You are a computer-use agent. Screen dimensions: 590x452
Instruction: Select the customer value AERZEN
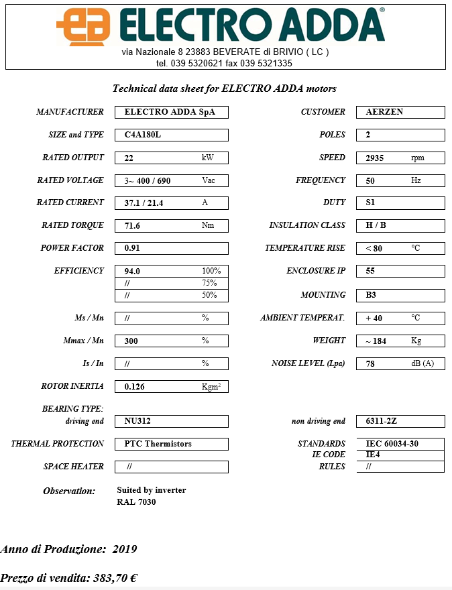click(x=384, y=112)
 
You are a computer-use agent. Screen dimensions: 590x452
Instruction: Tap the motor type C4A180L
click(x=143, y=135)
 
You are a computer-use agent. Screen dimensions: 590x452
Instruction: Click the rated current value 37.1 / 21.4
click(x=144, y=202)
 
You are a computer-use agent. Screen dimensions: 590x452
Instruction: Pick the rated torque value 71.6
click(x=132, y=226)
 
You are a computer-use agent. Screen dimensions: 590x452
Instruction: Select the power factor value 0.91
click(x=132, y=248)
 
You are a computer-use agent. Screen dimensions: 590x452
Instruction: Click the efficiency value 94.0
click(x=132, y=272)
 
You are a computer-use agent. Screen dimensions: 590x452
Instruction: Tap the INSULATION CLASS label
click(x=307, y=225)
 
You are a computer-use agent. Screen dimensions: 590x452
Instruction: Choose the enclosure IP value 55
click(x=370, y=272)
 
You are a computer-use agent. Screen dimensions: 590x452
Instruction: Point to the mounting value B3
click(x=370, y=295)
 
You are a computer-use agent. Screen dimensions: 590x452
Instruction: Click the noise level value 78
click(x=370, y=364)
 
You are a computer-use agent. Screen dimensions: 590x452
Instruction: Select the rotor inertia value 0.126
click(x=135, y=387)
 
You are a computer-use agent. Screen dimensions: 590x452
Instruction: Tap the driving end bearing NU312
click(x=138, y=422)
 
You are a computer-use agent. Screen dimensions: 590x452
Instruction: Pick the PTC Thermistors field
click(x=158, y=444)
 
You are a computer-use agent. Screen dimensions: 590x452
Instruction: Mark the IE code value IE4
click(x=373, y=455)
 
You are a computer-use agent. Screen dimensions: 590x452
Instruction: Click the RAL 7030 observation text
click(x=136, y=501)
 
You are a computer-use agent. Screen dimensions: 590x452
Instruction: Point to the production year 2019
click(x=125, y=550)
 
